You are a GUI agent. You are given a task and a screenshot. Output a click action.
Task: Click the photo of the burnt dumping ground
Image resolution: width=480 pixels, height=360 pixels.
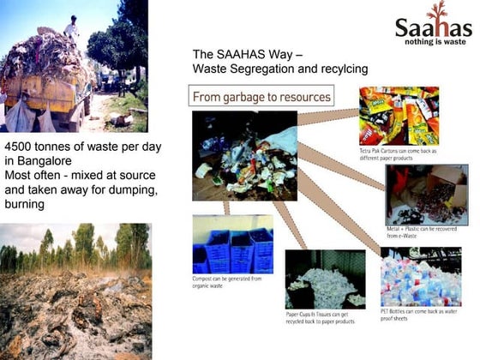coord(75,291)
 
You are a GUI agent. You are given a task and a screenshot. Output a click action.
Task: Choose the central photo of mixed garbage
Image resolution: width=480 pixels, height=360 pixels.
coord(245,145)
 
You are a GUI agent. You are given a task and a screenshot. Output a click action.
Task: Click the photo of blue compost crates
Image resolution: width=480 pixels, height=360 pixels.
coord(232,244)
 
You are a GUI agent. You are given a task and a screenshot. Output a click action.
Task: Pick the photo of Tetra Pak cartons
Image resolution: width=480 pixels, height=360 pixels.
coord(399,116)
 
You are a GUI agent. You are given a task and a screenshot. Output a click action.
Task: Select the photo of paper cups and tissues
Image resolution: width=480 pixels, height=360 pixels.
coord(325,278)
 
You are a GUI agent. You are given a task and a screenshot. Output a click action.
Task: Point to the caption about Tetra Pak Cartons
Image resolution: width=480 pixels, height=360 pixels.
coord(398,154)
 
